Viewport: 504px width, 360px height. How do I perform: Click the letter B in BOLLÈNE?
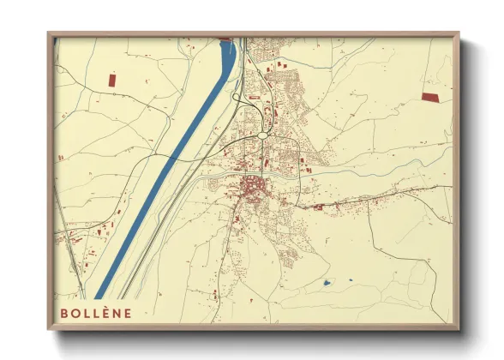[x=64, y=314]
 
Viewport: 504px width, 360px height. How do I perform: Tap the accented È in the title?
[x=104, y=314]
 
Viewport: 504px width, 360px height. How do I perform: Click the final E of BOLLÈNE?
[x=128, y=314]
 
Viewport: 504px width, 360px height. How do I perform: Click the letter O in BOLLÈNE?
[x=75, y=314]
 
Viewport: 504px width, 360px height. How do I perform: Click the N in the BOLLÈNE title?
[x=116, y=314]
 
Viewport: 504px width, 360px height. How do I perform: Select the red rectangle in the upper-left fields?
[x=111, y=79]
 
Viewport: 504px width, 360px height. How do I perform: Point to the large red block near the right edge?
[x=430, y=97]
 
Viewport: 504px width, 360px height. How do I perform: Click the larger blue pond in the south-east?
[x=327, y=283]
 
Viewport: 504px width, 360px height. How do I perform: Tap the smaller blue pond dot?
[x=351, y=279]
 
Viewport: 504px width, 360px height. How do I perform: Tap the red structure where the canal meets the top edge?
[x=227, y=39]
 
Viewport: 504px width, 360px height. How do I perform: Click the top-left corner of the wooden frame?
[x=48, y=33]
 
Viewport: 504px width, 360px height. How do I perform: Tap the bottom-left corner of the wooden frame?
[x=48, y=328]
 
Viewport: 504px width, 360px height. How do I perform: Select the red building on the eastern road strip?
[x=318, y=207]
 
